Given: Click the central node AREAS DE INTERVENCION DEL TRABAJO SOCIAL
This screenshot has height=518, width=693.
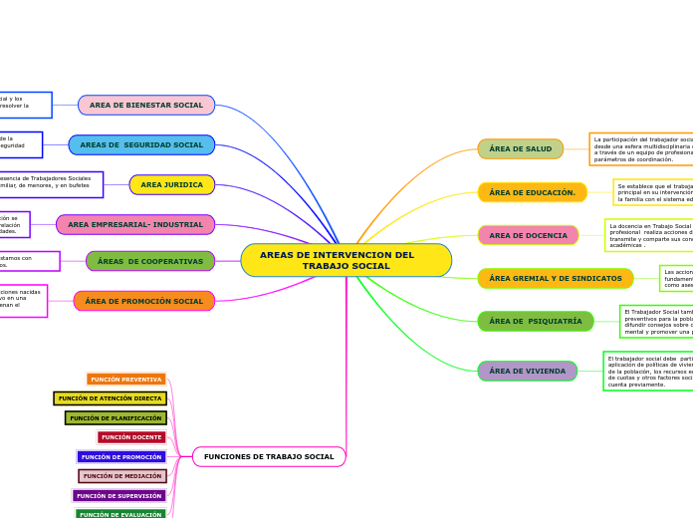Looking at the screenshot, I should (346, 260).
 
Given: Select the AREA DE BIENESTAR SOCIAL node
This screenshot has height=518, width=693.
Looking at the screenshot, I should (146, 105).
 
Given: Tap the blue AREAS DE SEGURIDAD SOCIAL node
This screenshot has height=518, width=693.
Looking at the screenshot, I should (141, 144).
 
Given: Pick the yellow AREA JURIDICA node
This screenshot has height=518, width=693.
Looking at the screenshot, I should (171, 184).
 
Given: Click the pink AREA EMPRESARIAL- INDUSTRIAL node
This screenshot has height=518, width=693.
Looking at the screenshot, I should (135, 224).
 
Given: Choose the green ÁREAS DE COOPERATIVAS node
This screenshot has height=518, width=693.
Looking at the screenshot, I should (150, 261).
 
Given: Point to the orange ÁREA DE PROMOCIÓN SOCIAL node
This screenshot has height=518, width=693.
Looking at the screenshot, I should (144, 301).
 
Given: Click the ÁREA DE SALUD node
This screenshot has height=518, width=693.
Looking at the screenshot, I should (520, 148).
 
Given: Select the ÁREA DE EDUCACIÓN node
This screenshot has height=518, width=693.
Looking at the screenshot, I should (532, 192).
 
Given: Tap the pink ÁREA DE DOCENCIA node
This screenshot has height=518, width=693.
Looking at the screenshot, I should (528, 235).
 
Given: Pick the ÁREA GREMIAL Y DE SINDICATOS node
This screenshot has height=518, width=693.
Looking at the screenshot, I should (555, 278).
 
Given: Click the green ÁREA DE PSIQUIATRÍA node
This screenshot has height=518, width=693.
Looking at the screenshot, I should (535, 321).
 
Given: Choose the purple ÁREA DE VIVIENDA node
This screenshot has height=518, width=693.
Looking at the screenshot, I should (527, 371).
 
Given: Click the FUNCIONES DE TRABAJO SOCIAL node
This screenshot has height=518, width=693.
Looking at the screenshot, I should (269, 456).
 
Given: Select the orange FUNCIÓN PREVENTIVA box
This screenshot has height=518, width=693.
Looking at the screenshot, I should (126, 379).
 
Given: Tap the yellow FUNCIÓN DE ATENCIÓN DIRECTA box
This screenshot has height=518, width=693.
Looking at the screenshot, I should (110, 398).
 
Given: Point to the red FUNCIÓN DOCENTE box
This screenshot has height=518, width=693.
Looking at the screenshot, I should (131, 437).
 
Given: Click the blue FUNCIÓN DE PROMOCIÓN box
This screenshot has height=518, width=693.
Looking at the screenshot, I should (121, 456).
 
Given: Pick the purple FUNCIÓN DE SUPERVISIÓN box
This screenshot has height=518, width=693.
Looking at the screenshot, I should (118, 495).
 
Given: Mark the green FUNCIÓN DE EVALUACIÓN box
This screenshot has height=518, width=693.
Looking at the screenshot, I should (120, 514).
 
